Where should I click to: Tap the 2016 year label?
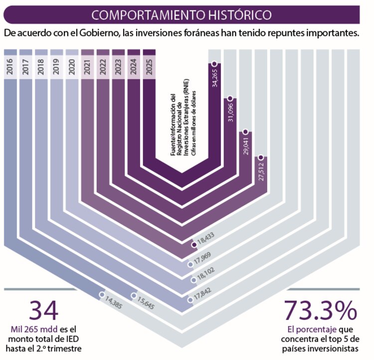tap(11, 66)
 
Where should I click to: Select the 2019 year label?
tap(57, 66)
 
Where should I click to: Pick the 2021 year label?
tap(88, 66)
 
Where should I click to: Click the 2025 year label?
tap(149, 66)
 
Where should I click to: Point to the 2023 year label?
tap(119, 66)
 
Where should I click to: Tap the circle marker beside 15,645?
tap(134, 296)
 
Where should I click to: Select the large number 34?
tap(44, 311)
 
